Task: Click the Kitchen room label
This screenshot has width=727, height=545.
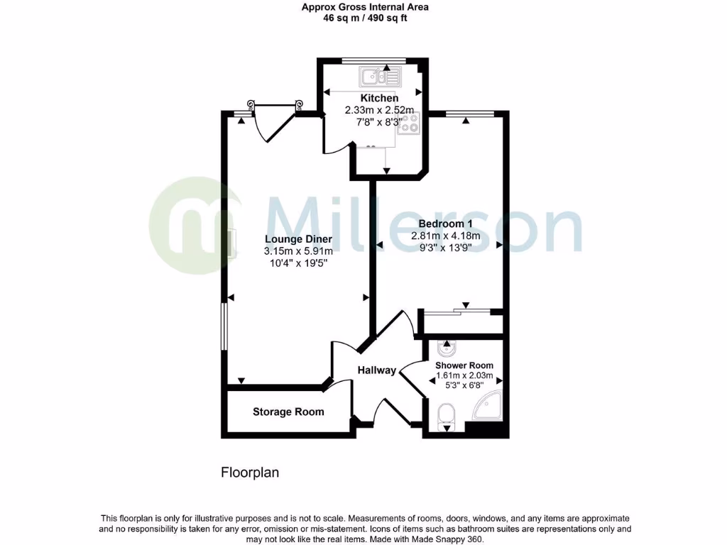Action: pos(379,98)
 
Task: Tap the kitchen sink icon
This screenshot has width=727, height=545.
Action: pos(381,75)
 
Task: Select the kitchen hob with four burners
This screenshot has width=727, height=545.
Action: pos(409,123)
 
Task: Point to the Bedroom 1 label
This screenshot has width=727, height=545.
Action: pos(446,224)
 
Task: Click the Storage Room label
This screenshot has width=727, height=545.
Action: pos(288,412)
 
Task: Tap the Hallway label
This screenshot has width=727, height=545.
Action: pos(376,370)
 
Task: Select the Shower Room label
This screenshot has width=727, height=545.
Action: pos(464,365)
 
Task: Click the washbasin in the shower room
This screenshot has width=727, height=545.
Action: pos(447,350)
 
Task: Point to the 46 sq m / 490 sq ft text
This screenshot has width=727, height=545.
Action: pos(365,18)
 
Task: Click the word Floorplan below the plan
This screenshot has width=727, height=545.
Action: pos(250,472)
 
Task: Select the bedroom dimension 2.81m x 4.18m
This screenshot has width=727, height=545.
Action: pos(446,236)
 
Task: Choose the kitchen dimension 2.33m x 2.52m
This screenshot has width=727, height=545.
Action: pos(379,110)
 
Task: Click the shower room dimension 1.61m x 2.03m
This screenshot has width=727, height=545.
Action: pos(464,375)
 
